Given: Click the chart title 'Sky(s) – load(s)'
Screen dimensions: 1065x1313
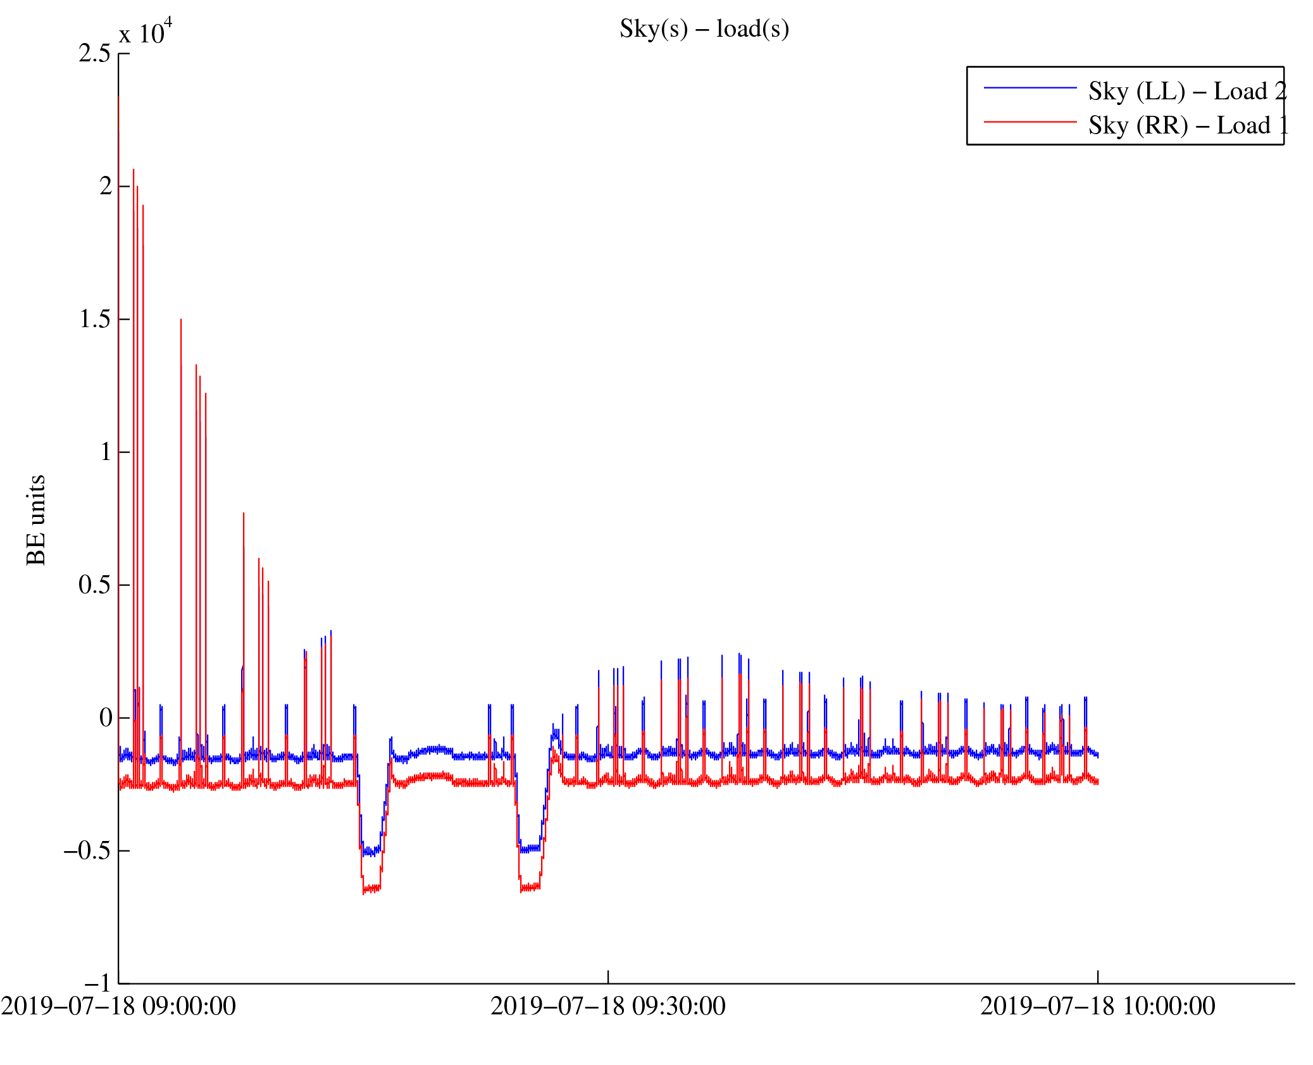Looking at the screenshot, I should pos(704,29).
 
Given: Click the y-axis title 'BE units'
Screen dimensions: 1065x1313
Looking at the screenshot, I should pos(36,520).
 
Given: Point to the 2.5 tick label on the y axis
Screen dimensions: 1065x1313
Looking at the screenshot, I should pos(94,54).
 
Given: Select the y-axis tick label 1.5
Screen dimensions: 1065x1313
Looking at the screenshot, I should pos(94,320).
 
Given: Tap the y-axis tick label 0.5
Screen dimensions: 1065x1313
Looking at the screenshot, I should pos(94,585).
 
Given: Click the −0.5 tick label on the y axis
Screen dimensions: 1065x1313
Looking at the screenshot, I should pos(87,851).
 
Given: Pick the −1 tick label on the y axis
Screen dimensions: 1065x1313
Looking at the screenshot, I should pos(97,983).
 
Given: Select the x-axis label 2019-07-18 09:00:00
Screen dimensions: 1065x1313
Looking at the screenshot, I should pos(118,1006).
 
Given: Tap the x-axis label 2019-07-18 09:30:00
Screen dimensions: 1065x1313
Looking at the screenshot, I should pos(608,1006).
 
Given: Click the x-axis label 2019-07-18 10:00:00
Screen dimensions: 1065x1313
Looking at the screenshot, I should pos(1098,1006).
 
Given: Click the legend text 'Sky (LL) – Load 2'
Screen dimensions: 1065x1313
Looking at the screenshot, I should pos(1187,92).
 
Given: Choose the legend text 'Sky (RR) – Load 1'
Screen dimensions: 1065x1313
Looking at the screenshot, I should pos(1187,125).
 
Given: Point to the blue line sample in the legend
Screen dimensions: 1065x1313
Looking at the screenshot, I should pos(1030,88).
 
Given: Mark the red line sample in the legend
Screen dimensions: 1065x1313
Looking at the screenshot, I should pos(1030,121).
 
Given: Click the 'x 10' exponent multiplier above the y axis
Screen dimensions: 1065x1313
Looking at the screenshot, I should pos(145,32).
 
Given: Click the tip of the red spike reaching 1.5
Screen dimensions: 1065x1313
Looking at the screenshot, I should pos(181,320).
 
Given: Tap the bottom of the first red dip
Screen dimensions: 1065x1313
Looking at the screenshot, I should pos(371,889).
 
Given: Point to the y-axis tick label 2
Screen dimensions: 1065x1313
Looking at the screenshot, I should pos(106,187).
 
